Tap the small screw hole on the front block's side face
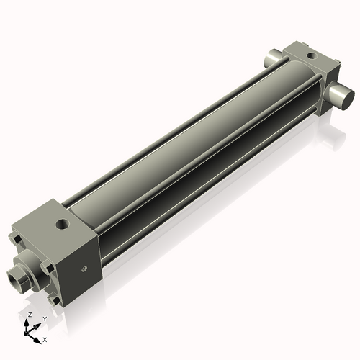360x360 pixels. coord(84,269)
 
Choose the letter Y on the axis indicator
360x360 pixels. coord(45,318)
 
